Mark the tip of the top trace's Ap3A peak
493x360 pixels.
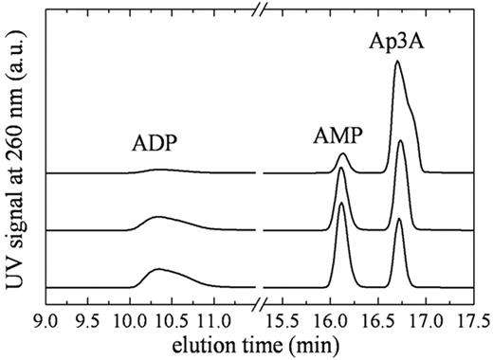coord(397,62)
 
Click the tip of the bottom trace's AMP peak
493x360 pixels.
coord(341,203)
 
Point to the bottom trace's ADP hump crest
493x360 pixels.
coord(158,270)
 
